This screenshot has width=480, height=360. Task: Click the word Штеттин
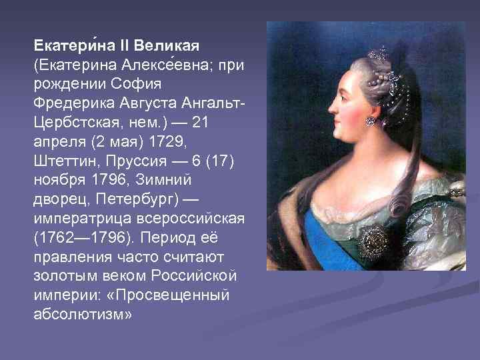click(63, 162)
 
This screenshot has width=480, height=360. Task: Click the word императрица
click(75, 219)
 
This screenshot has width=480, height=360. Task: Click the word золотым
click(63, 275)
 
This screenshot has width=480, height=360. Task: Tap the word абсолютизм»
click(83, 313)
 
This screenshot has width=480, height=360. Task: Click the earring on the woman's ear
click(370, 121)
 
